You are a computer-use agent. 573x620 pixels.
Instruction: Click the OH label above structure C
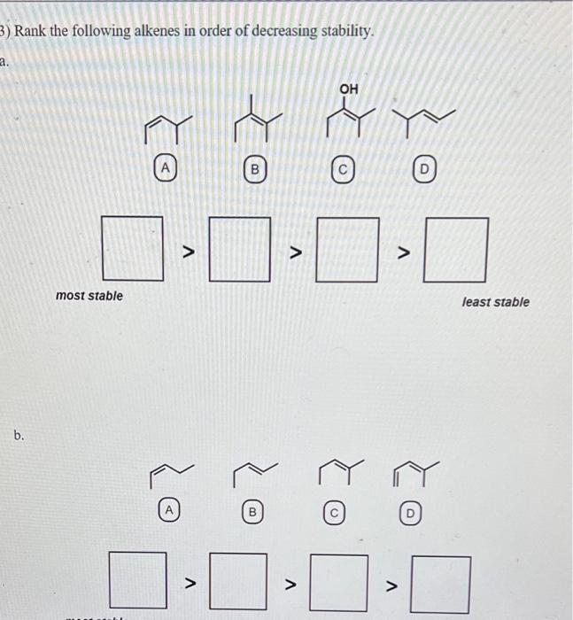click(x=349, y=89)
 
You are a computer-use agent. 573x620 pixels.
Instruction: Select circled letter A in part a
click(x=164, y=165)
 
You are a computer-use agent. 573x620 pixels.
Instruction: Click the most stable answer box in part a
click(x=133, y=248)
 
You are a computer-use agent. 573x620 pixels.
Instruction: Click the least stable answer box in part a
click(x=457, y=249)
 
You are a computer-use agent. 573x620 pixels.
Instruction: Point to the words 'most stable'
click(x=89, y=295)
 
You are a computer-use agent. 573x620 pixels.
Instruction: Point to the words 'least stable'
click(x=495, y=302)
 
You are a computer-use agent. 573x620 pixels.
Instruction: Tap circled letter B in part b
click(x=252, y=511)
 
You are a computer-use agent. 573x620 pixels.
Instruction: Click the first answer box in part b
click(x=137, y=579)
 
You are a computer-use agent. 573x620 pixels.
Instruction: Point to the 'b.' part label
click(x=19, y=436)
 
